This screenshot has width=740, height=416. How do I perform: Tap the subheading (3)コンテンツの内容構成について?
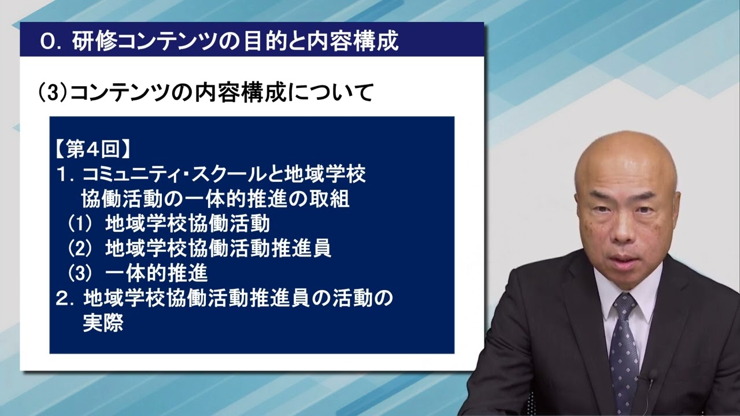coord(205,92)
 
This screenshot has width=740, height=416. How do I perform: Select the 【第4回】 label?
coord(92,150)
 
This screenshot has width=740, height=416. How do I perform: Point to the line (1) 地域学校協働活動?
coord(169,222)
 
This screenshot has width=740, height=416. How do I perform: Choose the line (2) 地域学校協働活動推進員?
coord(199,247)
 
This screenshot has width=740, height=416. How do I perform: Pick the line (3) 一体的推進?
coord(138,272)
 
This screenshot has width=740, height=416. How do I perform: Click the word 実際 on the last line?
coord(103,322)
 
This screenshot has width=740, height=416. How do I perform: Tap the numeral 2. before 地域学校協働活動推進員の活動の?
coord(65,298)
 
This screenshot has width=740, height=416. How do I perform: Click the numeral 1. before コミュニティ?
coord(65,174)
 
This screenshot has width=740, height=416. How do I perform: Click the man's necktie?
coord(624,347)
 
